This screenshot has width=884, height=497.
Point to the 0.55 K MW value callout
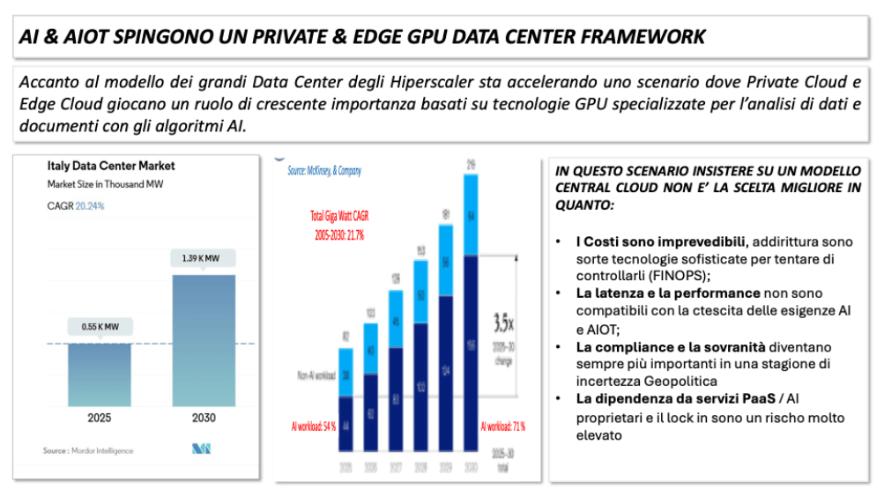click(100, 327)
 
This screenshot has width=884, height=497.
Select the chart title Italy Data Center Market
click(111, 165)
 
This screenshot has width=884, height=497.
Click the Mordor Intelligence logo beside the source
click(201, 449)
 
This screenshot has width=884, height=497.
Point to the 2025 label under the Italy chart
click(100, 418)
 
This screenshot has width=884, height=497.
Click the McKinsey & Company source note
click(324, 171)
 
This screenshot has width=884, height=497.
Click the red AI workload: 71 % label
click(502, 427)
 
